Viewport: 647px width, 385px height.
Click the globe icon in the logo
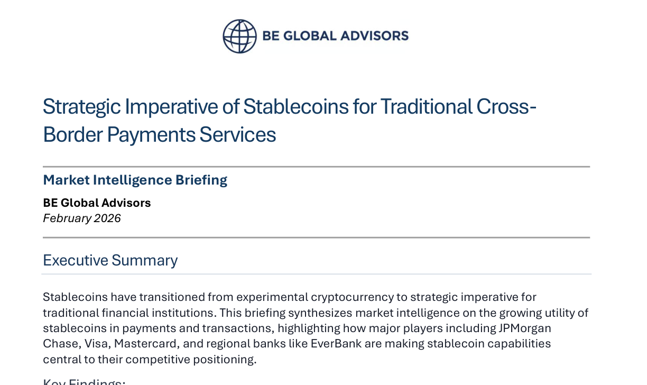(239, 36)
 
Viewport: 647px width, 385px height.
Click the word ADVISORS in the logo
(373, 36)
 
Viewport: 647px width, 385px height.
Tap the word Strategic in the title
(82, 107)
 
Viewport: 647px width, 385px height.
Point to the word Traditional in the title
(427, 107)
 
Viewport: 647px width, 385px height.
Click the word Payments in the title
(151, 135)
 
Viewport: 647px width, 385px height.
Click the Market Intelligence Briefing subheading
(135, 180)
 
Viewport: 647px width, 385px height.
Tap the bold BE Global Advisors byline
(97, 203)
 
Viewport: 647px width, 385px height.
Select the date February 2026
(82, 218)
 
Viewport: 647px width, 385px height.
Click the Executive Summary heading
(110, 260)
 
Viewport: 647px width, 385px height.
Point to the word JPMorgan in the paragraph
(521, 328)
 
